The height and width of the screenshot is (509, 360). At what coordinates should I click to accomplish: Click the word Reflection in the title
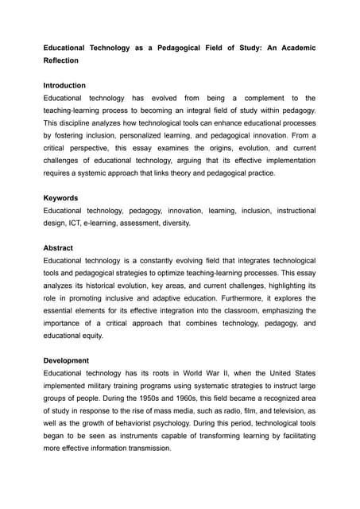(64, 60)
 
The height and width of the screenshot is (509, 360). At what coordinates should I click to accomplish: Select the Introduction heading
(64, 85)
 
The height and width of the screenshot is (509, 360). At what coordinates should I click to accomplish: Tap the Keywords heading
(62, 197)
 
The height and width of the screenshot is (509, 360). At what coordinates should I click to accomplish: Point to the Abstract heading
(58, 247)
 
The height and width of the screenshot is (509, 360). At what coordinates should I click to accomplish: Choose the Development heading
(67, 360)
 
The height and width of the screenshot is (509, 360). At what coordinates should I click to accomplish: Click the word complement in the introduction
(256, 98)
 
